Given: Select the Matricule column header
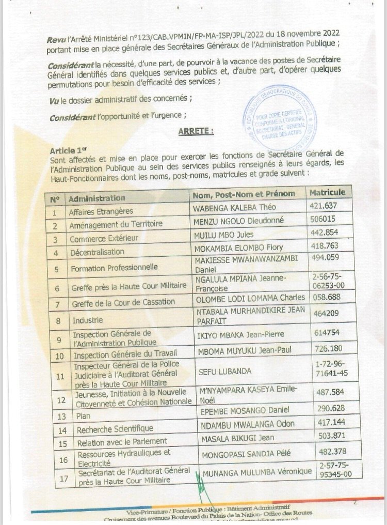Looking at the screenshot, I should point(327,192).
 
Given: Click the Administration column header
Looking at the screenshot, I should point(97,198).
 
